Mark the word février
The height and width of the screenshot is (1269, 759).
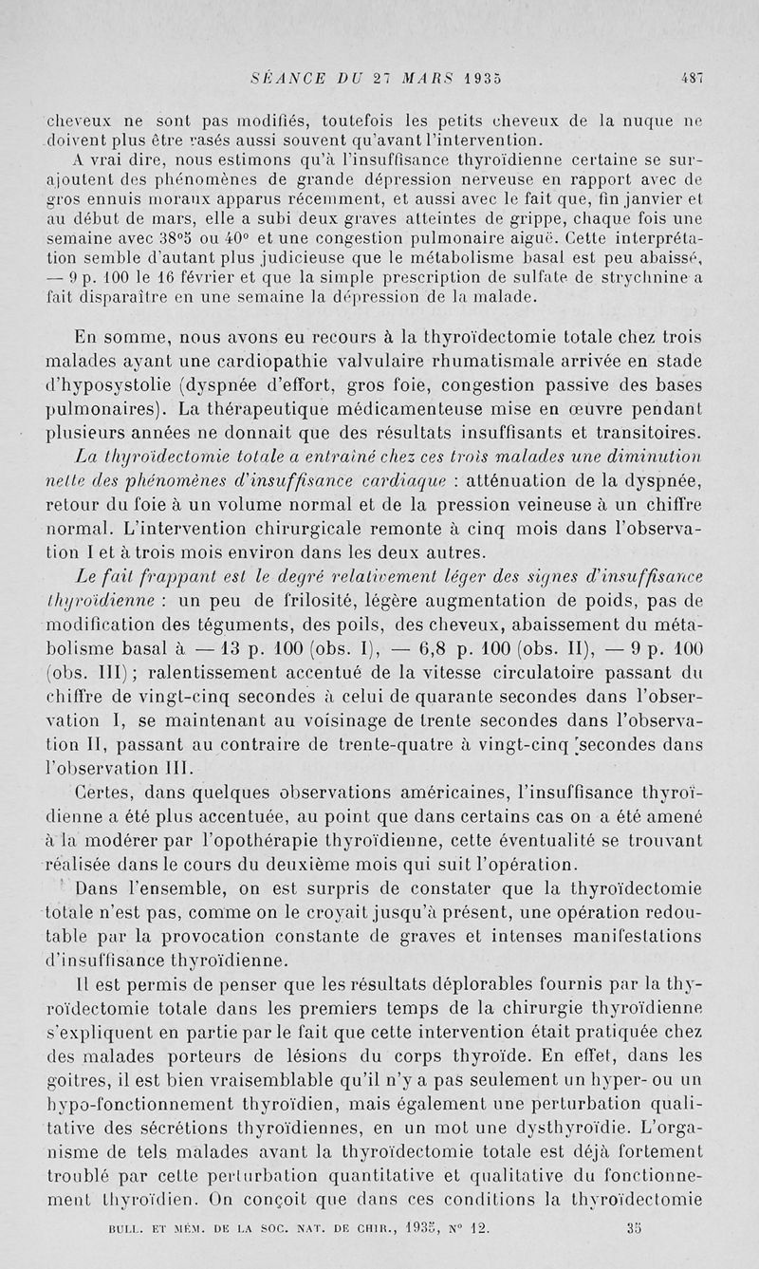pos(203,276)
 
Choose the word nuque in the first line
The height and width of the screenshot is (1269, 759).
pos(649,121)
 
